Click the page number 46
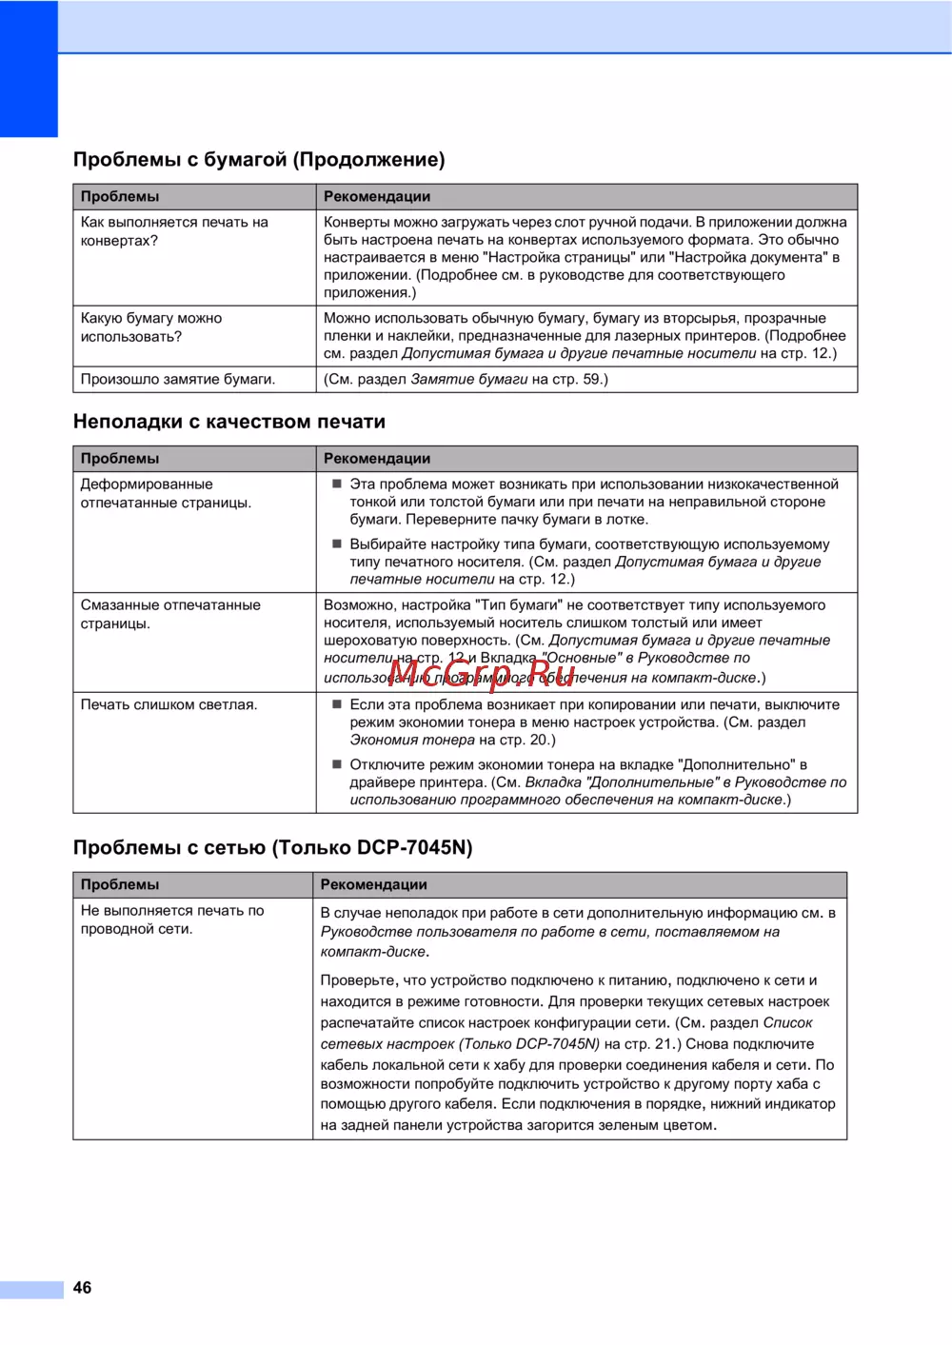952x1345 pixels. tap(83, 1288)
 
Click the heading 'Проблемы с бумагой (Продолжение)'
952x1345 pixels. tap(259, 160)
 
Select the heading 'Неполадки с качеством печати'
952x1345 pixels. tap(229, 422)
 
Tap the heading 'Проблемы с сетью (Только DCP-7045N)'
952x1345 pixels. tap(272, 848)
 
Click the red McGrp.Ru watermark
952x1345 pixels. tap(482, 674)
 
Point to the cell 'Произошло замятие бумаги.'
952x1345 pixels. tap(178, 379)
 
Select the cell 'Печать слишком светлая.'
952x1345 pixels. tap(169, 704)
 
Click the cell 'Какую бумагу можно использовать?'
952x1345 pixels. tap(151, 327)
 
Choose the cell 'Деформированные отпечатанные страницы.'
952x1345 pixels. tap(166, 493)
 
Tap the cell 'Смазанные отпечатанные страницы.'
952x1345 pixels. tap(170, 614)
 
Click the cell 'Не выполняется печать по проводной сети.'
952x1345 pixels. tap(172, 920)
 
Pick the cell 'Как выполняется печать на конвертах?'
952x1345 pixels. tap(174, 231)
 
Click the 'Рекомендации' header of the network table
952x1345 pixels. tap(374, 884)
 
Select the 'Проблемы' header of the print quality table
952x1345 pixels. tap(120, 458)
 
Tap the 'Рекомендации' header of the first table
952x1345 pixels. tap(377, 196)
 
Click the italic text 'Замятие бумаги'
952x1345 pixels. tap(468, 379)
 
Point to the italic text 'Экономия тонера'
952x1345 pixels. tap(412, 740)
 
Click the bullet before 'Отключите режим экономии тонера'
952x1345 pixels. tap(336, 764)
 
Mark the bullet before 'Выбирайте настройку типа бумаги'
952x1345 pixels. tap(336, 544)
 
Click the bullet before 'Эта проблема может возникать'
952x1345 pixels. tap(336, 484)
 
